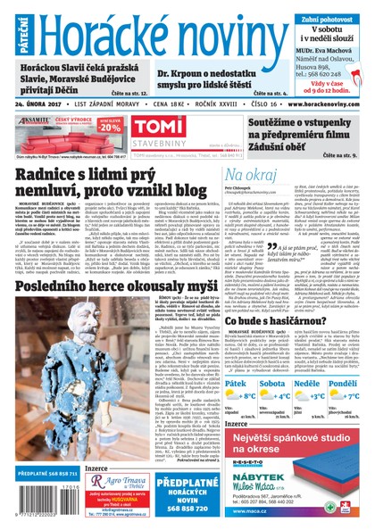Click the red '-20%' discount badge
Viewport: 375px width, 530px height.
click(111, 126)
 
